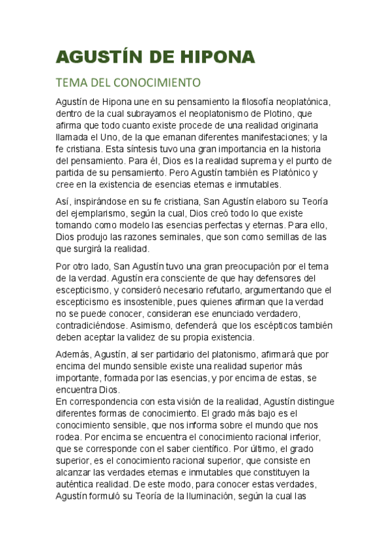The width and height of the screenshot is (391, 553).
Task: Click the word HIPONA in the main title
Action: pyautogui.click(x=209, y=57)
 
